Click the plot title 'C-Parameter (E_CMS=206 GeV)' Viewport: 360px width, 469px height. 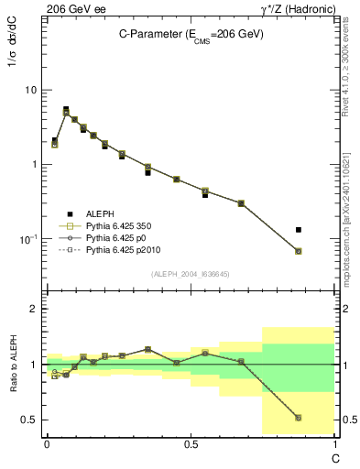pyautogui.click(x=191, y=34)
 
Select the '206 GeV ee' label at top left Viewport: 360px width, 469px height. pyautogui.click(x=73, y=8)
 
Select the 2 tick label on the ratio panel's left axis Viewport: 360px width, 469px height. pyautogui.click(x=33, y=309)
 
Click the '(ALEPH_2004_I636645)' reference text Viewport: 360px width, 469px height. pyautogui.click(x=191, y=273)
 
